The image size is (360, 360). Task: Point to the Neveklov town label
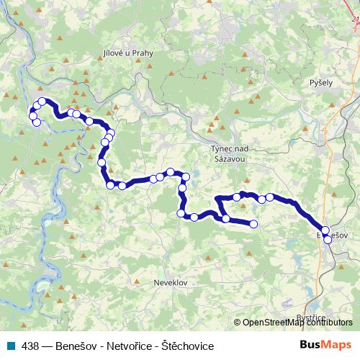coord(171,283)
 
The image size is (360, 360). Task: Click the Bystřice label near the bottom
coord(312,317)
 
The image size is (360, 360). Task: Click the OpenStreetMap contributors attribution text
coord(297,323)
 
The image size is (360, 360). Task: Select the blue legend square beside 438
coord(9,346)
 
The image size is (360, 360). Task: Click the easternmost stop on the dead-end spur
coord(253,225)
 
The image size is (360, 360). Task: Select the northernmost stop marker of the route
coord(42,102)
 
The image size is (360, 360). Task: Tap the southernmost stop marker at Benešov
coord(328,240)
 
